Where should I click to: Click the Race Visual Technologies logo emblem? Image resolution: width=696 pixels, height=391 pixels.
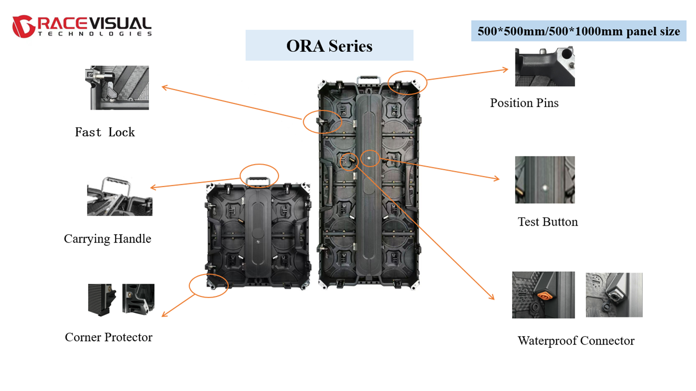point(23,26)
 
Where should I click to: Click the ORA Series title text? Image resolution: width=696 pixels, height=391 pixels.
point(329,46)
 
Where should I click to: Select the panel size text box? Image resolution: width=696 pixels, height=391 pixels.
point(578,31)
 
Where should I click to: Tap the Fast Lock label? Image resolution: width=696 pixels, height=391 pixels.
point(105,132)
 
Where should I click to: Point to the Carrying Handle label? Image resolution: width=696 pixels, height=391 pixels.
point(107,239)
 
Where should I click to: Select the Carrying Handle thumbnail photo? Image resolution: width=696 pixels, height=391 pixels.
point(120,197)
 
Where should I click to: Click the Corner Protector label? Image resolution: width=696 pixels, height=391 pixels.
point(108,337)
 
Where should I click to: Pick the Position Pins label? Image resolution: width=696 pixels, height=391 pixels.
point(524,103)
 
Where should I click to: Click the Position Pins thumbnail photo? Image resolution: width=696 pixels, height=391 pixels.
point(545,67)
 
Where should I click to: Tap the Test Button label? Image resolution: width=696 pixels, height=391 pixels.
point(547,222)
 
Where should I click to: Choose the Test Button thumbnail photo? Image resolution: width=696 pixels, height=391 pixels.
point(545,180)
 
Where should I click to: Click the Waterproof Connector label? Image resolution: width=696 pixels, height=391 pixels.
point(576,341)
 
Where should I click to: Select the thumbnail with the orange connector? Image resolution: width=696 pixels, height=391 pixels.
point(543,295)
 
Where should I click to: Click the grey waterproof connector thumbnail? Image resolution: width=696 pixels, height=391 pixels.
point(614,295)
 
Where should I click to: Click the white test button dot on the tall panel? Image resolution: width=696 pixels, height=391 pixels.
point(369,158)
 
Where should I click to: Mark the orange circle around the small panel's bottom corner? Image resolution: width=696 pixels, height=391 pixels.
point(209,286)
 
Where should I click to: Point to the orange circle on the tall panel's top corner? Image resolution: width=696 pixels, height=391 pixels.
point(407,82)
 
